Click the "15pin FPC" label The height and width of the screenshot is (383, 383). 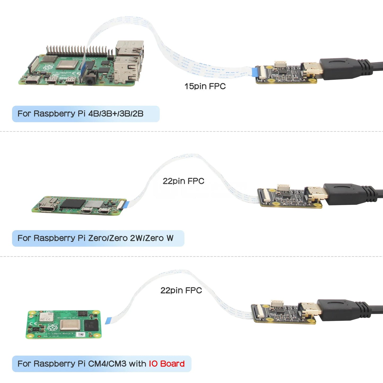(x=205, y=86)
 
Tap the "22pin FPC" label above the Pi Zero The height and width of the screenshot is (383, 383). (x=183, y=181)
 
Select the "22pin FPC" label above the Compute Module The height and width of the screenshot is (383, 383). (x=181, y=290)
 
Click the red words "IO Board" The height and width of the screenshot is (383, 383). (x=166, y=364)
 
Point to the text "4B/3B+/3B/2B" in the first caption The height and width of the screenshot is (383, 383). (x=116, y=114)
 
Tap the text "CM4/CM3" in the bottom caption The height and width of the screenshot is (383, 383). (x=107, y=364)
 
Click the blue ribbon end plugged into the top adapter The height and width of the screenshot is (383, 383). (x=254, y=72)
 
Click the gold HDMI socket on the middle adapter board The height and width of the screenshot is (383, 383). (x=316, y=194)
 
